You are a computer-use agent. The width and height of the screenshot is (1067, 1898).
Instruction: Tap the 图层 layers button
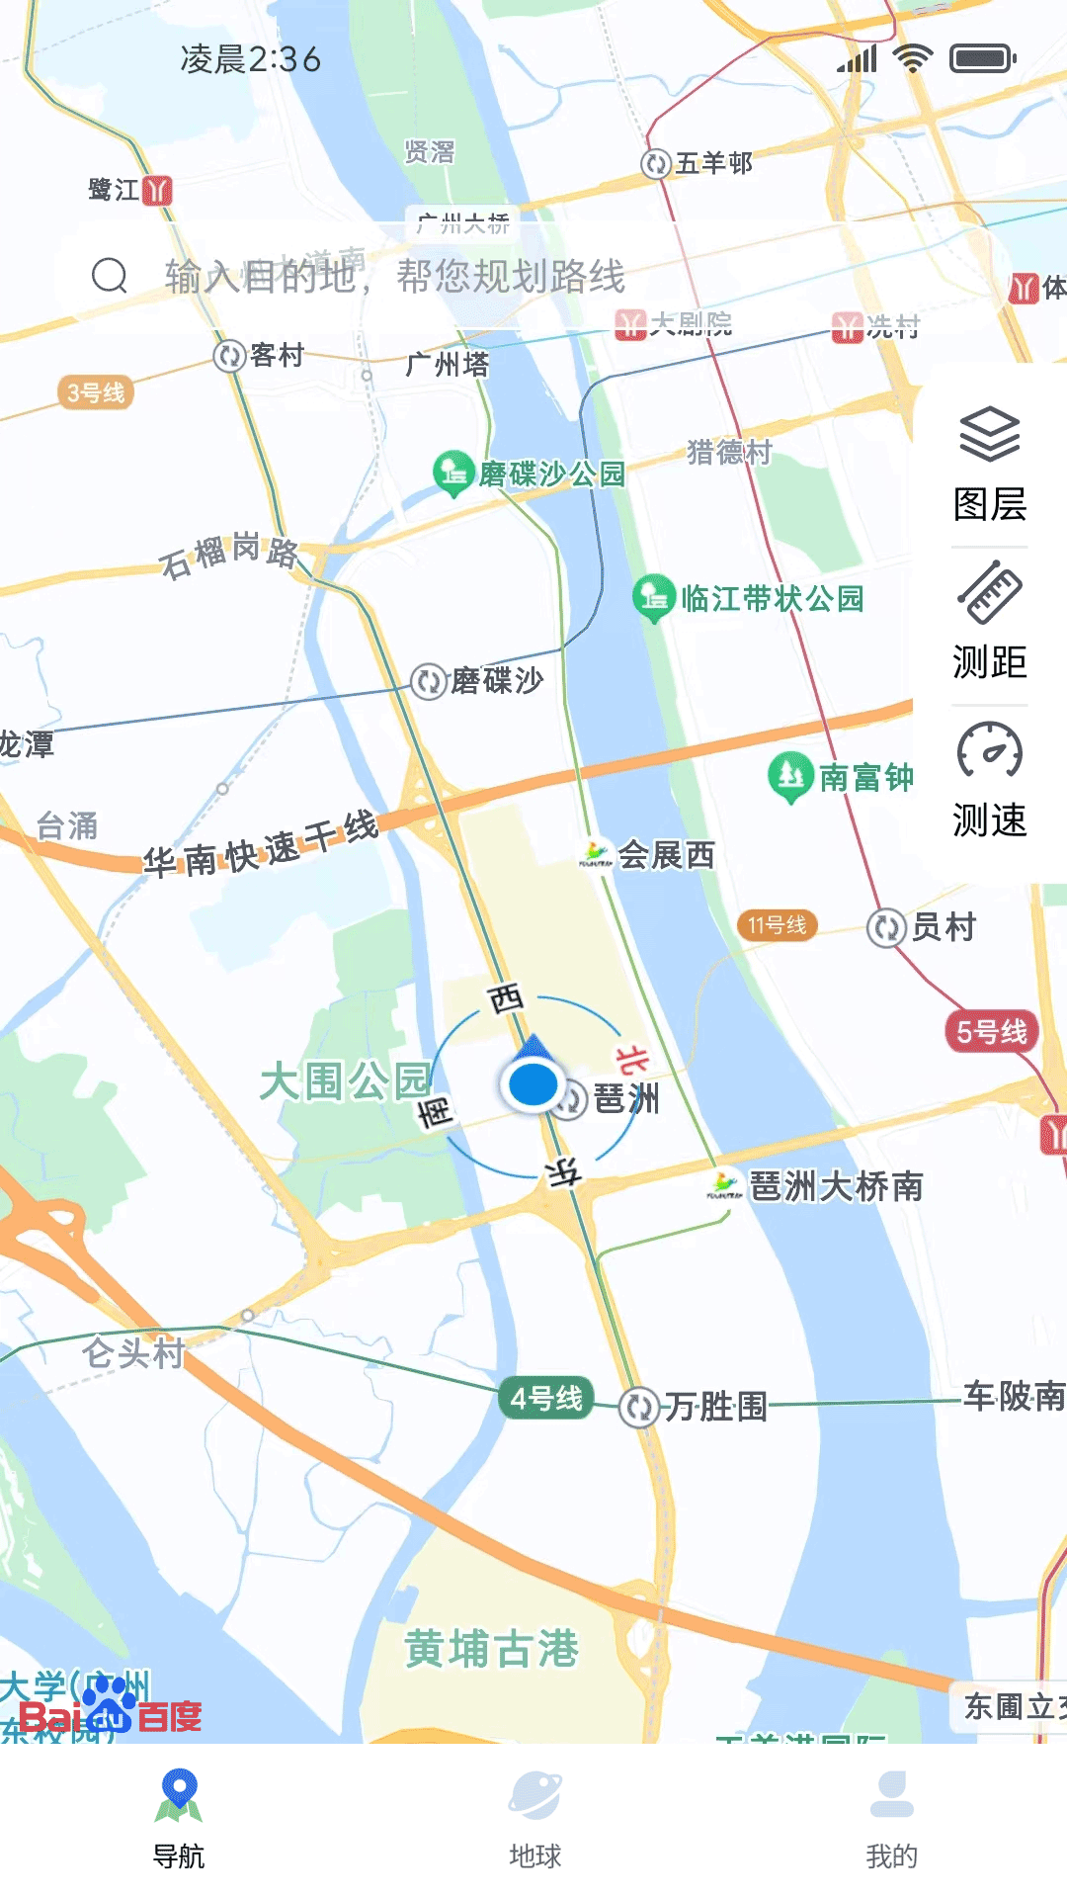(x=989, y=463)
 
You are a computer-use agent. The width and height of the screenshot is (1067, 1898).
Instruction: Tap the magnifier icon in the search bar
(x=110, y=276)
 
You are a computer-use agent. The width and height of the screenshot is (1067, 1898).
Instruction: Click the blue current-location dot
(x=533, y=1084)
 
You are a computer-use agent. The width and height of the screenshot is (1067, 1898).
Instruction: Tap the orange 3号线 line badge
(x=96, y=392)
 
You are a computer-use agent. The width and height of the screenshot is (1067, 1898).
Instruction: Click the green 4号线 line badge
(x=546, y=1398)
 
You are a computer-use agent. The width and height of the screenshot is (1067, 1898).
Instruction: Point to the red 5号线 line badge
(x=991, y=1031)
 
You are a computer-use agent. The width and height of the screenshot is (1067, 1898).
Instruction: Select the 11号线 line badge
(x=777, y=925)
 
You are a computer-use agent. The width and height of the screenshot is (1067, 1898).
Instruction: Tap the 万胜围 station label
(x=715, y=1406)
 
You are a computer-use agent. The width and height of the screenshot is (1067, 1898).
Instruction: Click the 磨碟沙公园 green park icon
(x=453, y=472)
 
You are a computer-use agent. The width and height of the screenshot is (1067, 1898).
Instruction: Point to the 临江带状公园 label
(x=772, y=598)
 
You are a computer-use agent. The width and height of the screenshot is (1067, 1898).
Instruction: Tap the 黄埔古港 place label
(x=492, y=1648)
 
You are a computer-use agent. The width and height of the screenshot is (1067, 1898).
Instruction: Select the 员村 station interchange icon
(x=886, y=927)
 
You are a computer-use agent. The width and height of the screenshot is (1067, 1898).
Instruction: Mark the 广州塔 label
(x=448, y=364)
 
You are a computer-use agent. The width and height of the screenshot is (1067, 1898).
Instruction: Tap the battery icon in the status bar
(x=982, y=59)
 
